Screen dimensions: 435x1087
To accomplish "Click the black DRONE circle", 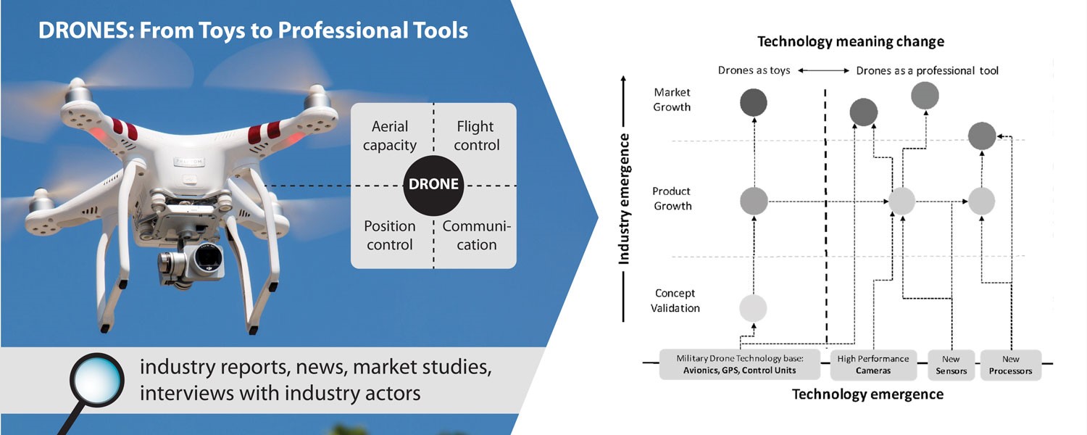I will (x=433, y=184).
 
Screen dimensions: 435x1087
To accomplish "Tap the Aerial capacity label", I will (x=390, y=136).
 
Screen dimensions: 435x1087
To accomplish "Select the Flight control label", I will (x=476, y=136).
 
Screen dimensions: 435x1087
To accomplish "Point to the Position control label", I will (x=390, y=236).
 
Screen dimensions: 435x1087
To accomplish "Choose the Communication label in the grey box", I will (x=476, y=236).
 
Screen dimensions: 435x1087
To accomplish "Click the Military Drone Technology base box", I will (x=739, y=365).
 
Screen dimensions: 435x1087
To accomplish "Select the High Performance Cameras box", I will (x=872, y=365).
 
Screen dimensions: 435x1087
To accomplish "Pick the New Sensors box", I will (x=951, y=365).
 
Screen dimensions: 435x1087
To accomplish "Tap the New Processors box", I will (x=1010, y=365).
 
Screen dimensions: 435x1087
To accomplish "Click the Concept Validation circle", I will (x=753, y=308).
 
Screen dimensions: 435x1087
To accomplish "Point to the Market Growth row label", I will (x=672, y=100).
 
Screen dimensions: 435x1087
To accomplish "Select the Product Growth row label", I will (x=672, y=199).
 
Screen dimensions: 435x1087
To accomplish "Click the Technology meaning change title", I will (x=851, y=41).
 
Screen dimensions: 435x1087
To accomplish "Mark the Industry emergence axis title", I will (x=624, y=199).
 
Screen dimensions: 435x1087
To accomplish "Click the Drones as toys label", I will (x=754, y=70).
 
